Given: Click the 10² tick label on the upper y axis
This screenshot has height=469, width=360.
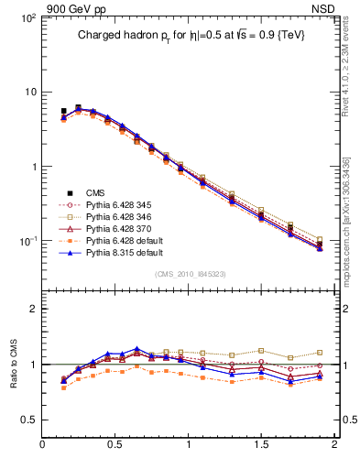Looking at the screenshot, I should tap(27, 18).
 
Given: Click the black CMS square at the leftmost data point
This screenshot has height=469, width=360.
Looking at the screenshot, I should tap(63, 111).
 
